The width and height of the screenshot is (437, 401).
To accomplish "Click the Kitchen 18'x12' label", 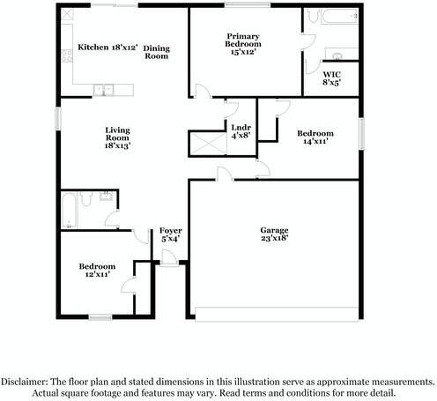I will [107, 47].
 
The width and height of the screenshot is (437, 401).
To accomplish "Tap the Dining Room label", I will [156, 52].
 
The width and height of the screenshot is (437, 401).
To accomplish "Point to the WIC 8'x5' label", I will [331, 78].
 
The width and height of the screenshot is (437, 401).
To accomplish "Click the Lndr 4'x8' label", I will [241, 131].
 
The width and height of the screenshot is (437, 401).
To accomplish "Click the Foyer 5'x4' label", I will [170, 234].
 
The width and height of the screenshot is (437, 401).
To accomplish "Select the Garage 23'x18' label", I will [273, 235].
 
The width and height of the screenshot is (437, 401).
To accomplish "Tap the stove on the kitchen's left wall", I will [65, 56].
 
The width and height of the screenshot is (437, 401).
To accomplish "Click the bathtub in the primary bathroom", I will [330, 17].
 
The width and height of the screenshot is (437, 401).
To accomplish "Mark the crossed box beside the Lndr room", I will [207, 144].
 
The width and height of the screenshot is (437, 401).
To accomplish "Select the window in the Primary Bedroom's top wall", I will [248, 6].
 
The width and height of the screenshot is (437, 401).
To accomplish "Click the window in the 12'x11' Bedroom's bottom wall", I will [99, 316].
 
